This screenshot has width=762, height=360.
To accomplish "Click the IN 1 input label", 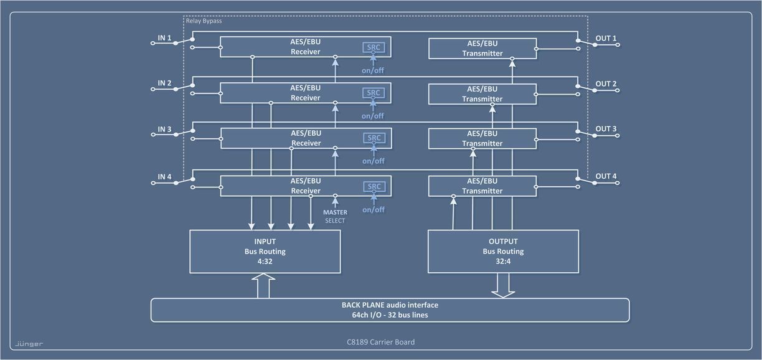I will pyautogui.click(x=164, y=39).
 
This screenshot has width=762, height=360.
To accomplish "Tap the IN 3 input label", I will pyautogui.click(x=164, y=130).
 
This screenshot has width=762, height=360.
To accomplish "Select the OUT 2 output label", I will pyautogui.click(x=606, y=84).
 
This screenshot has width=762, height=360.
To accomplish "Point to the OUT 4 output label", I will pyautogui.click(x=606, y=176).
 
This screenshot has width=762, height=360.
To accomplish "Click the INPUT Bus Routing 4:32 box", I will pyautogui.click(x=265, y=252).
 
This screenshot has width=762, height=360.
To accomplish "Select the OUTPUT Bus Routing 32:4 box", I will pyautogui.click(x=503, y=252).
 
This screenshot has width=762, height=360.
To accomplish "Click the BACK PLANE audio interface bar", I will pyautogui.click(x=390, y=310).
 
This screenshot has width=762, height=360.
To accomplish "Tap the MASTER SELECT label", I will pyautogui.click(x=335, y=217).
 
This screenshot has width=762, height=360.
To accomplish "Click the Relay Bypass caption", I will pyautogui.click(x=204, y=21).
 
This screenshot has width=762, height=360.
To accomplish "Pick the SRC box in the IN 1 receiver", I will pyautogui.click(x=374, y=47).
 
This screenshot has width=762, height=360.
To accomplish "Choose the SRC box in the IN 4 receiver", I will pyautogui.click(x=374, y=187).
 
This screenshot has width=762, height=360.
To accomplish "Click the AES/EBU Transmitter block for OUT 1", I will pyautogui.click(x=482, y=48).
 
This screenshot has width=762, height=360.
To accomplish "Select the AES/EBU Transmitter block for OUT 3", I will pyautogui.click(x=482, y=138).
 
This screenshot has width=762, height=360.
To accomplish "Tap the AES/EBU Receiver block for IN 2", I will pyautogui.click(x=305, y=93).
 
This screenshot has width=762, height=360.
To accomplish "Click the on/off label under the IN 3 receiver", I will pyautogui.click(x=374, y=161).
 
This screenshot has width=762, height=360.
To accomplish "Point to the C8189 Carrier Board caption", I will pyautogui.click(x=380, y=342).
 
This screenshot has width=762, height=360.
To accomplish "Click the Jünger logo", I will pyautogui.click(x=29, y=343).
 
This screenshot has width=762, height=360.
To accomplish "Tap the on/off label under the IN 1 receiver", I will pyautogui.click(x=374, y=70).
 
